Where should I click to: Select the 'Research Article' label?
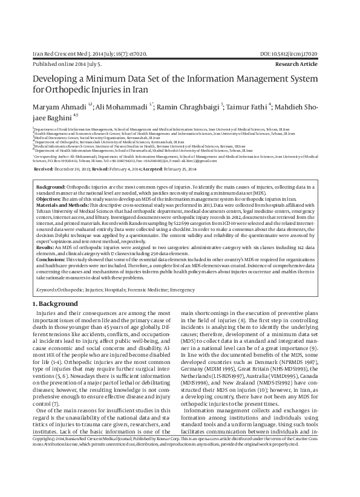pyautogui.click(x=315, y=63)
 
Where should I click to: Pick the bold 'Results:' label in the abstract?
pyautogui.click(x=45, y=247)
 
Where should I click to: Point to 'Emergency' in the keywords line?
pyautogui.click(x=182, y=290)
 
